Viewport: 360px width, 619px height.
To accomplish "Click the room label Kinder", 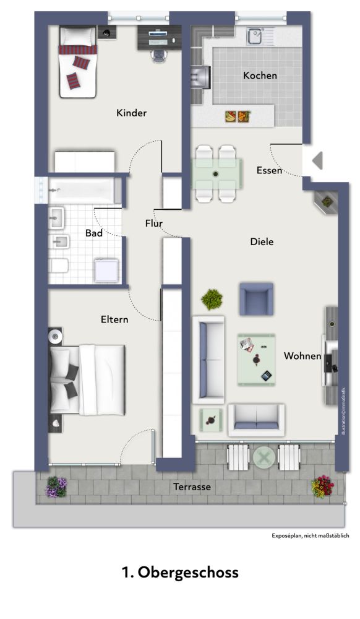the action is click(x=131, y=113).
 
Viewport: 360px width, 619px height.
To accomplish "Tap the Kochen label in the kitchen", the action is click(x=260, y=75).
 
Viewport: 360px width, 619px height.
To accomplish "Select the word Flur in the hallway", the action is click(x=154, y=223).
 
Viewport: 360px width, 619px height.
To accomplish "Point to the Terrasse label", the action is click(x=192, y=487).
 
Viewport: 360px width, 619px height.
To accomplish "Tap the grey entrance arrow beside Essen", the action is click(x=317, y=161).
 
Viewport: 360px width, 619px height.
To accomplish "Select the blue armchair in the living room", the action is click(x=256, y=299).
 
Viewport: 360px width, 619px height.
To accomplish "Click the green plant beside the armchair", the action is click(x=212, y=299).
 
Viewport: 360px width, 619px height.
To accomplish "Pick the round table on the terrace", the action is click(x=264, y=457).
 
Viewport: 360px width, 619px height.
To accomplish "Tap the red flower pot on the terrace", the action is click(x=322, y=487).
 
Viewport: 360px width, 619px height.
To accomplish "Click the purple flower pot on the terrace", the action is click(x=56, y=487).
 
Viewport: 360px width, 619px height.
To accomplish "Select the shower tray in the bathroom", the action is click(x=106, y=271).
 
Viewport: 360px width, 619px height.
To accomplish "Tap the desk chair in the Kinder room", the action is click(x=158, y=56).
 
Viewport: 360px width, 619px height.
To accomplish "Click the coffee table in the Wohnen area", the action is click(x=256, y=360).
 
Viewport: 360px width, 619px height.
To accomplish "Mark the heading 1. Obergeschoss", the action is click(x=180, y=572).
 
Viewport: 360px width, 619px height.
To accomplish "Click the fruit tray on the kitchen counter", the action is click(x=238, y=116).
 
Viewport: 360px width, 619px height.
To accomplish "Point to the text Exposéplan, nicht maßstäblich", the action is click(x=311, y=535).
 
